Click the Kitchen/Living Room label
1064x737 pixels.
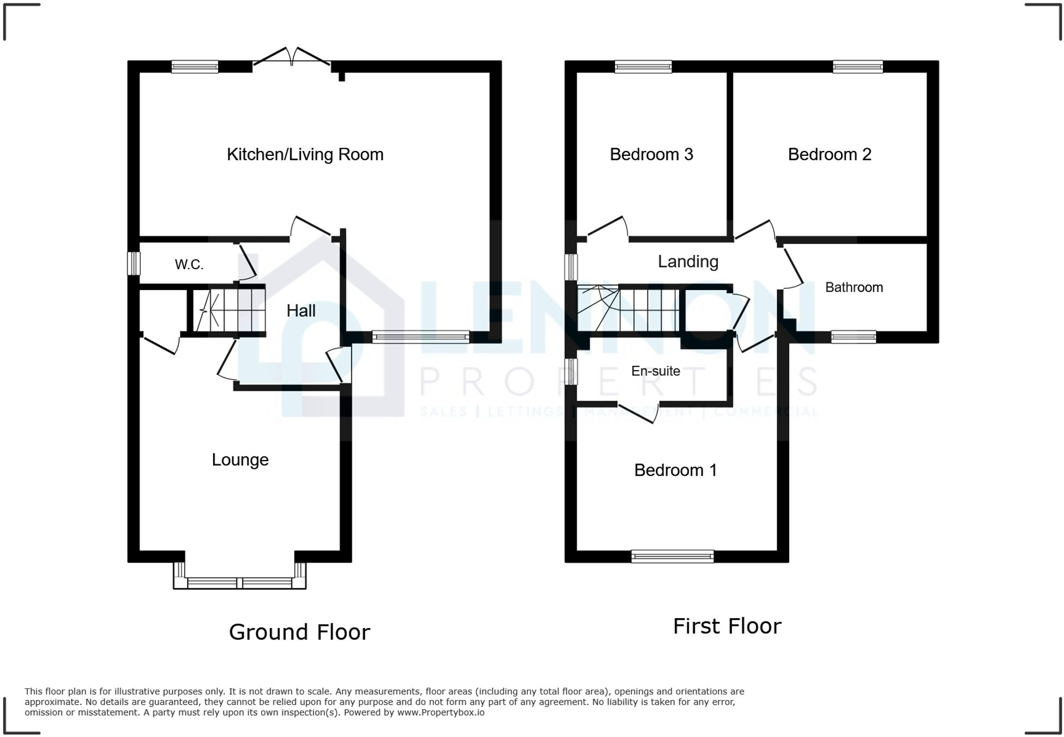coord(305,154)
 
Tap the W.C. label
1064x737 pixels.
coord(189,264)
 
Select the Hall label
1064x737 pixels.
coord(301,311)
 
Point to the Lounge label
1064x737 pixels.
coord(240,460)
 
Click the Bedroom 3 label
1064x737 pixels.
coord(651,154)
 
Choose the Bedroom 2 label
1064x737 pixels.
coord(829,154)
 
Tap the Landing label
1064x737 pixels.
coord(688,262)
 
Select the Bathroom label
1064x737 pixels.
coord(854,287)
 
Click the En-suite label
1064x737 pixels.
coord(655,371)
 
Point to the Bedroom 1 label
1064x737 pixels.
coord(675,470)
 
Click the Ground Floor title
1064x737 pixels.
coord(299,632)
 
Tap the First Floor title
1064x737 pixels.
coord(727,626)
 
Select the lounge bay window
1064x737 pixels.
coord(240,583)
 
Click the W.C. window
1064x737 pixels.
coord(134,263)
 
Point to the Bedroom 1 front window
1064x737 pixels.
coord(672,556)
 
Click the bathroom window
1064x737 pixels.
coord(853,337)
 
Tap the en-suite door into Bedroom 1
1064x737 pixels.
coord(639,413)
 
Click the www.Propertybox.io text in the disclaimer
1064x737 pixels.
coord(440,712)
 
